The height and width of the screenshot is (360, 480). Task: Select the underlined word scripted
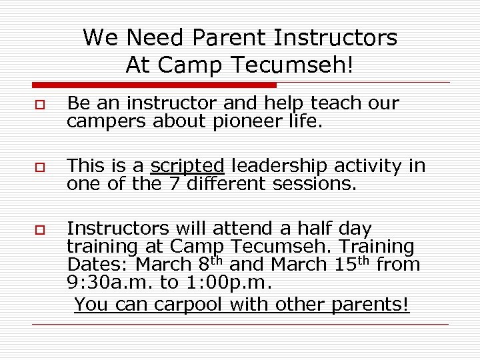pos(187,166)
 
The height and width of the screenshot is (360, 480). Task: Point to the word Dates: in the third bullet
pos(98,265)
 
